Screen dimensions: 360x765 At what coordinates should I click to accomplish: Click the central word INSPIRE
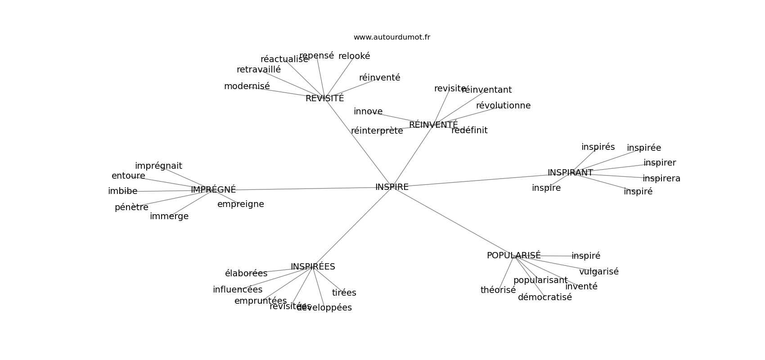[x=391, y=187]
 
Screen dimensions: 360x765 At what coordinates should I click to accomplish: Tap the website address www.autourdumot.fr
[x=391, y=37]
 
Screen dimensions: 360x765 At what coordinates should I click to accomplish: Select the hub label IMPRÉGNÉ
[x=213, y=190]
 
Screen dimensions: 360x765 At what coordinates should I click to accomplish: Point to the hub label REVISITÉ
[x=324, y=99]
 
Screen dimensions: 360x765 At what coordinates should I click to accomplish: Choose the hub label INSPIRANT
[x=570, y=173]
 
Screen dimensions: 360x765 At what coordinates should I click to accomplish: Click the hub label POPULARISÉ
[x=513, y=256]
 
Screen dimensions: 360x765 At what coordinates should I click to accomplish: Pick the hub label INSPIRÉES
[x=313, y=267]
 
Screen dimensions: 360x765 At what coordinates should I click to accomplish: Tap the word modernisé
[x=247, y=86]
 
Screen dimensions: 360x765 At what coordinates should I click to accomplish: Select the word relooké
[x=354, y=56]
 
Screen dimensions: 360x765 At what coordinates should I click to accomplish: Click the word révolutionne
[x=503, y=106]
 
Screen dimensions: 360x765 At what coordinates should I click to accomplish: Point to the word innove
[x=368, y=112]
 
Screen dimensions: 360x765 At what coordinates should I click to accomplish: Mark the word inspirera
[x=661, y=179]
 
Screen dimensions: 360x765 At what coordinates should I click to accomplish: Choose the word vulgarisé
[x=598, y=272]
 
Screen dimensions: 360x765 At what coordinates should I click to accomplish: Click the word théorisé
[x=498, y=290]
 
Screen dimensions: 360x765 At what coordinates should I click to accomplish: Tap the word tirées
[x=344, y=293]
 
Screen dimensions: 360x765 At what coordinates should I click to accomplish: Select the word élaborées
[x=246, y=274]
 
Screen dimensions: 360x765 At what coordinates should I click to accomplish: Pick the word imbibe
[x=122, y=191]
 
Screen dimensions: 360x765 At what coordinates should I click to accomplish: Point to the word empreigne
[x=240, y=204]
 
